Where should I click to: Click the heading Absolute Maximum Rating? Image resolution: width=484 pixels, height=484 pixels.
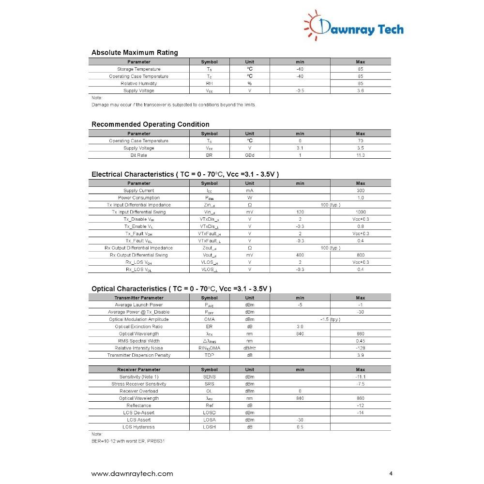coord(135,53)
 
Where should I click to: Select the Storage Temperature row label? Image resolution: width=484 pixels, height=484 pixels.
coord(139,69)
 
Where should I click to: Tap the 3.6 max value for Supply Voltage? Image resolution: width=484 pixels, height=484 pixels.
coord(360,91)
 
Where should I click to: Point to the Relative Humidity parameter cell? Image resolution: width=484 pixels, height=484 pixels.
coord(139,84)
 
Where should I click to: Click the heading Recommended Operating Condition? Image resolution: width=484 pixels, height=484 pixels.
coord(151,124)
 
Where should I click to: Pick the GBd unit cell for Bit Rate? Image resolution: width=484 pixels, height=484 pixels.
coord(249,155)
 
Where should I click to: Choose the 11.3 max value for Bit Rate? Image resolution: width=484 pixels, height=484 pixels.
coord(360,155)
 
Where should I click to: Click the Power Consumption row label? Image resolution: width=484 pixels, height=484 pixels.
coord(139,197)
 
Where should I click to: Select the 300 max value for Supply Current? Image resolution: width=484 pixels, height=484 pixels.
coord(360,191)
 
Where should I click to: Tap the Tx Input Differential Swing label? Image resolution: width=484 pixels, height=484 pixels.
coord(139,212)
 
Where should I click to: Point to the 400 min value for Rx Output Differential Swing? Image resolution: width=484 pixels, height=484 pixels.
coord(300,255)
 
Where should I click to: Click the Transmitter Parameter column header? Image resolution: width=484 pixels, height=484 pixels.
coord(139,298)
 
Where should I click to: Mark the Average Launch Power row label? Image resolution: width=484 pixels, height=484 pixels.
coord(139,305)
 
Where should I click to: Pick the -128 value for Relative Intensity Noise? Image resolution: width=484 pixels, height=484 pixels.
coord(360,348)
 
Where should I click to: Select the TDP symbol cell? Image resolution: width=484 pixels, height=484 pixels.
coord(209,355)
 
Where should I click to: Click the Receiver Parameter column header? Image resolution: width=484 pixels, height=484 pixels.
coord(139,370)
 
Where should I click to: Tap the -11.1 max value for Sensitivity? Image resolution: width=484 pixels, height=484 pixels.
coord(360,377)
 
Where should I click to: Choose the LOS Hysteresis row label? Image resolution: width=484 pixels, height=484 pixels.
coord(139,427)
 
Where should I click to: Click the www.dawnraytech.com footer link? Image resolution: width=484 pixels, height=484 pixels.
coord(132,473)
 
